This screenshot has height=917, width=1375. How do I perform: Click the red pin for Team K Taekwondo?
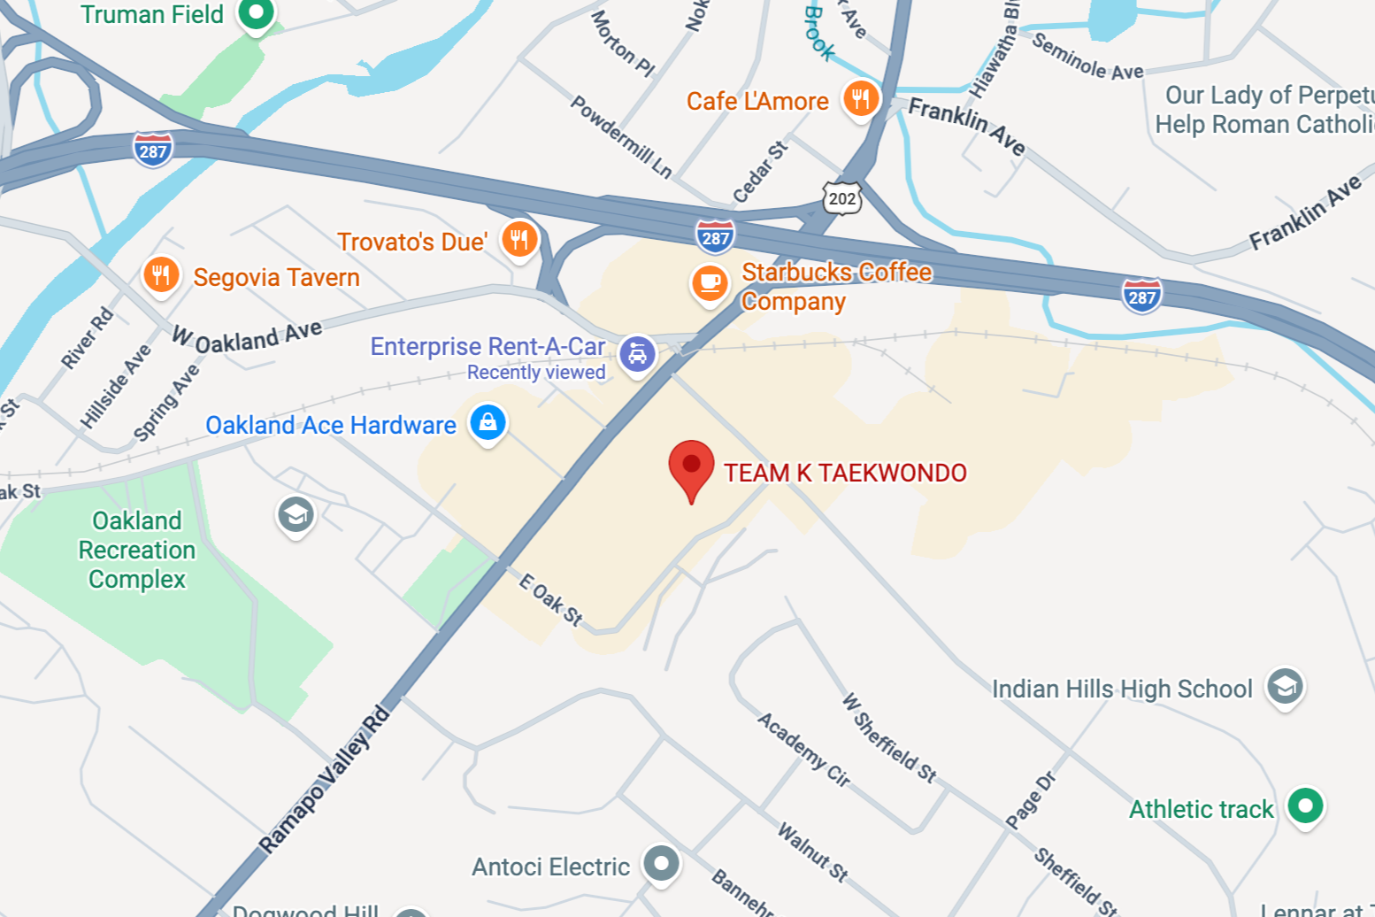coord(691,466)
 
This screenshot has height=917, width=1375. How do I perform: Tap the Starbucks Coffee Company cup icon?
coord(710,282)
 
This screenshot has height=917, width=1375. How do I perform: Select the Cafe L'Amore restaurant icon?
coord(860,97)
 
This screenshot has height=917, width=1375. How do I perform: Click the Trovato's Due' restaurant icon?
coord(519,239)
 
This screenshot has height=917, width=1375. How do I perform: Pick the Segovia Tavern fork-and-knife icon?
coord(161,274)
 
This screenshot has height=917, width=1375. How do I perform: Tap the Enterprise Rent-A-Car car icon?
coord(637,353)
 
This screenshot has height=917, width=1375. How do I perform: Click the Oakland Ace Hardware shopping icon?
coord(488,422)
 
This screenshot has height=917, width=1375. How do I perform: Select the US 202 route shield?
coord(841,198)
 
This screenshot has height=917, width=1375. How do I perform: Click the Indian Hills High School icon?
coord(1285,686)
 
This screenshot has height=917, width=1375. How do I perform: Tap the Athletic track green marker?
coord(1305,805)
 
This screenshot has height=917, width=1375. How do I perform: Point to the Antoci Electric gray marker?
coord(661,862)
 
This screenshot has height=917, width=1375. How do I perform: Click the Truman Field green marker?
coord(257,13)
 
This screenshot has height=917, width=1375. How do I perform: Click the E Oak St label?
coord(550,599)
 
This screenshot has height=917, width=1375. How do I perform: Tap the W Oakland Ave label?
coord(247,336)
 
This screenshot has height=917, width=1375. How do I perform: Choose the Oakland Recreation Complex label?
coord(137,550)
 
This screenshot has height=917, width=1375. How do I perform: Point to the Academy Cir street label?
coord(803,749)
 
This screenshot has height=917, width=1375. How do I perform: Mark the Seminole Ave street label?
coord(1087,58)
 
